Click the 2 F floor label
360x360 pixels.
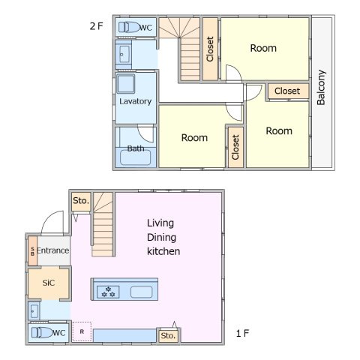[x=96, y=26]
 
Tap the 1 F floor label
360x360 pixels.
[x=242, y=333]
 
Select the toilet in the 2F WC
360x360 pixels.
[x=129, y=27]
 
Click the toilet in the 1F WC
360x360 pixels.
[x=42, y=333]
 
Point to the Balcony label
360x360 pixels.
[x=321, y=87]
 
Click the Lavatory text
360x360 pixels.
[x=135, y=101]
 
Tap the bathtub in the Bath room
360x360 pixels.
[x=136, y=157]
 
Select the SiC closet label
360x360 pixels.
[x=49, y=283]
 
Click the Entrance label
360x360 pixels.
[x=53, y=250]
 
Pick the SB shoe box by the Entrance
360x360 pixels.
[x=32, y=250]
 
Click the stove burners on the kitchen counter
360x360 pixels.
[x=108, y=292]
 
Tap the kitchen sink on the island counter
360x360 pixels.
[x=141, y=292]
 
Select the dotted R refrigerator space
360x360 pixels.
[x=82, y=331]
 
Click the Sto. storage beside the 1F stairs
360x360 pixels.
[x=81, y=201]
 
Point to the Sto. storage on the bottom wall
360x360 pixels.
[x=168, y=336]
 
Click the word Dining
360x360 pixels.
[x=161, y=237]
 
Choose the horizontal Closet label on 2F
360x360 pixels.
[x=287, y=91]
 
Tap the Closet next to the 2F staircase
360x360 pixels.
[x=210, y=49]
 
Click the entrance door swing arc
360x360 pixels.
[x=49, y=219]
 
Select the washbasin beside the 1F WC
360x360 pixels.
[x=34, y=311]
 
